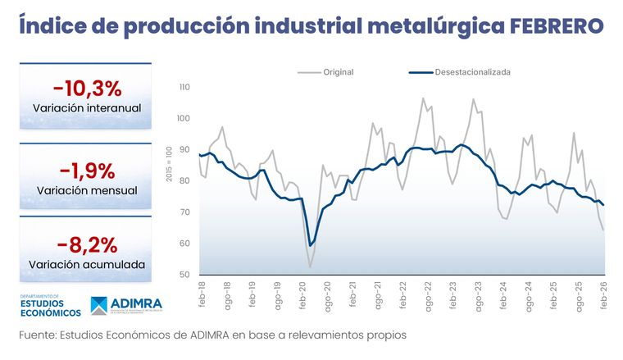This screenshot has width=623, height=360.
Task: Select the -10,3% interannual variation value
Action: [x=87, y=88]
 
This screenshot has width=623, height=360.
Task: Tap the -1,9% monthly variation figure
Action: [x=87, y=170]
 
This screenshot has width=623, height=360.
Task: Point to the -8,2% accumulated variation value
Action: [x=87, y=244]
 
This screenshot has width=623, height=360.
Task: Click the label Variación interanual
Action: [x=87, y=108]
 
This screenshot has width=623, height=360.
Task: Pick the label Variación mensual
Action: [x=87, y=190]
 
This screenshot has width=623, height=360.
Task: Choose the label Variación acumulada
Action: [x=87, y=265]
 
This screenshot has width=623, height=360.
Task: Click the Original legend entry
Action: [x=338, y=72]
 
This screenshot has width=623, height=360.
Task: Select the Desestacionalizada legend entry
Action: [x=471, y=72]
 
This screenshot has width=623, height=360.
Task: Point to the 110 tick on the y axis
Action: [x=184, y=87]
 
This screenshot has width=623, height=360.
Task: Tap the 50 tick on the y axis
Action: [x=184, y=275]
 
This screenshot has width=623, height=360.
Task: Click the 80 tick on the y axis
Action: [x=184, y=181]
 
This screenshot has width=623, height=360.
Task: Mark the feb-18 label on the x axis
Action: [x=202, y=296]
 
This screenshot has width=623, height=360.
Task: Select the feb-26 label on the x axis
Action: [x=604, y=296]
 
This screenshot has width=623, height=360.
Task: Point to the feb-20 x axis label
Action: [x=302, y=296]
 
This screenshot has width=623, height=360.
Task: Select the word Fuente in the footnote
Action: [x=39, y=335]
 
